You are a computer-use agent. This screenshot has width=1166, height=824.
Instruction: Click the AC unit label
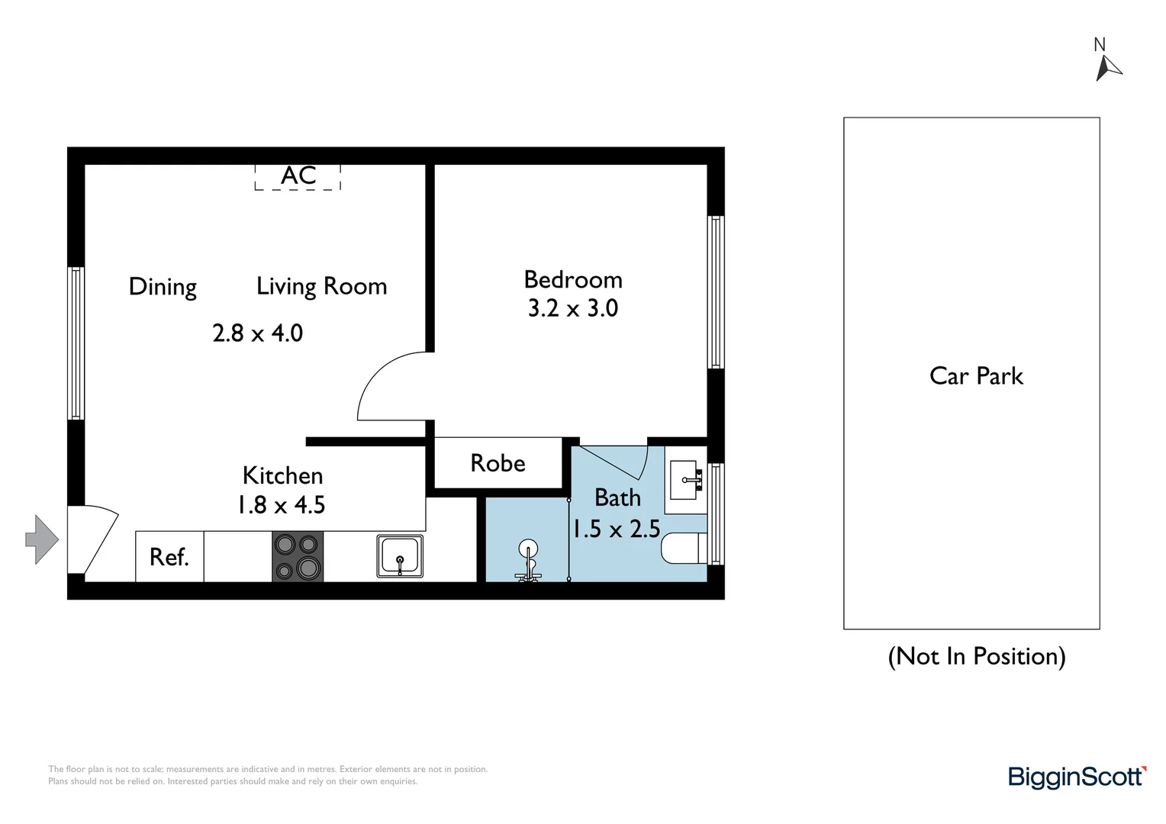298,176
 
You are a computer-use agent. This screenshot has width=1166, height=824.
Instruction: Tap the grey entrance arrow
42,539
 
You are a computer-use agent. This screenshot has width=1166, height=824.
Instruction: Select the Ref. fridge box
169,557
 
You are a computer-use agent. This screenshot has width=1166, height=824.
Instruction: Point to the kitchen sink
400,556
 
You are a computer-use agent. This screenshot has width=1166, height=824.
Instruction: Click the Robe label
498,463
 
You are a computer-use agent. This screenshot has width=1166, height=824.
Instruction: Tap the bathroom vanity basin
687,480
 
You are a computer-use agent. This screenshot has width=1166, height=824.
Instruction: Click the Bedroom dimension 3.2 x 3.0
573,308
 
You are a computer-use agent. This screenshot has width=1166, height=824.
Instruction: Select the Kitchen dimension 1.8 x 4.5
281,505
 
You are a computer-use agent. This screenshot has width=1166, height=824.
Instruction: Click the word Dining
163,287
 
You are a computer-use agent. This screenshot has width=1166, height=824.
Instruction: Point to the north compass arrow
1106,67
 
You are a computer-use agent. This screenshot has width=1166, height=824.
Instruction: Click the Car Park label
976,376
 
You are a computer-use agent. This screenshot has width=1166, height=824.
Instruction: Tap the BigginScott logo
1077,777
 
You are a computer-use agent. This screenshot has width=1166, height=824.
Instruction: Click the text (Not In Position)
976,656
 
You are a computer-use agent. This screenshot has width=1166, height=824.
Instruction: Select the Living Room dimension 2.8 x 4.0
257,333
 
